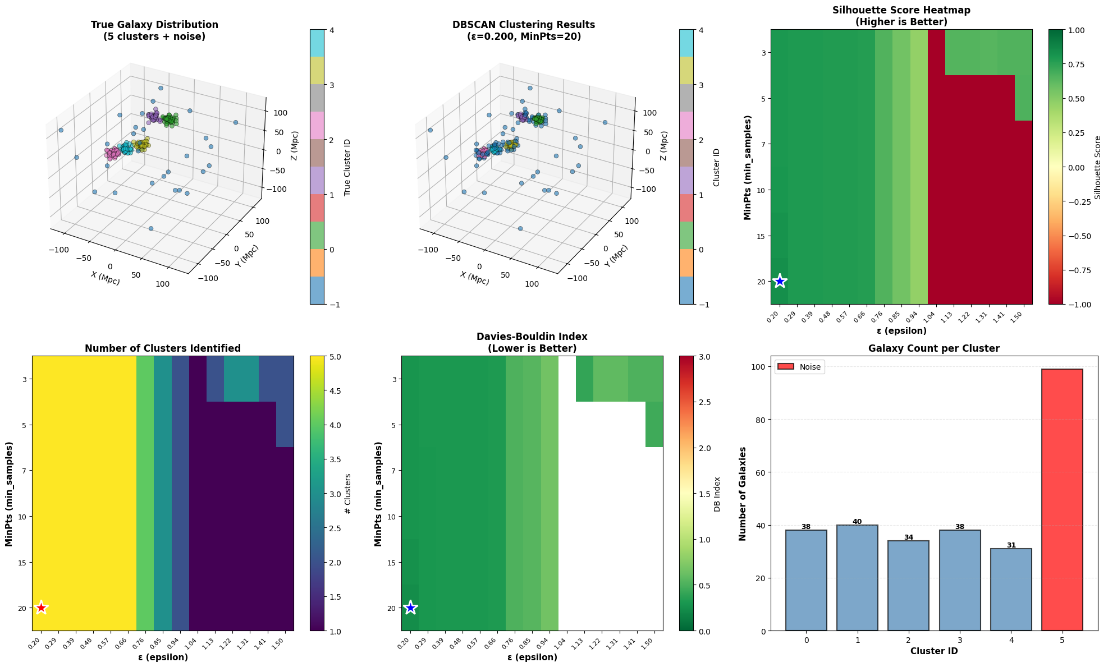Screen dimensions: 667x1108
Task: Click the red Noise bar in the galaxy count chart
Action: (1062, 499)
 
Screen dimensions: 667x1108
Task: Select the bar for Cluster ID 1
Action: (857, 578)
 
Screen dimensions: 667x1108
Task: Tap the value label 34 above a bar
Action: (908, 537)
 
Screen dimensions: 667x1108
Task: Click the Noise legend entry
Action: (800, 367)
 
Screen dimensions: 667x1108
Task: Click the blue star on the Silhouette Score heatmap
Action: (780, 281)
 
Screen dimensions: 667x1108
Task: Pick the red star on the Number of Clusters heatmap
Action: (41, 608)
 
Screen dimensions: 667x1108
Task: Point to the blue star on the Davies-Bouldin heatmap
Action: (410, 608)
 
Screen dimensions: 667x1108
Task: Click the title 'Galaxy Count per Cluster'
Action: (933, 348)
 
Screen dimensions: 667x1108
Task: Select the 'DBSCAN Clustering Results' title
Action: (524, 25)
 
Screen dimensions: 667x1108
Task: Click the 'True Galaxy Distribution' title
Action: (154, 25)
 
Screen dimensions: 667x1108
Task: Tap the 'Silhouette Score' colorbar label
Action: (1098, 167)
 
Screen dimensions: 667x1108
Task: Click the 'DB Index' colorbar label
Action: (717, 494)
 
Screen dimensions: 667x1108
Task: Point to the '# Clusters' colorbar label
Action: (348, 494)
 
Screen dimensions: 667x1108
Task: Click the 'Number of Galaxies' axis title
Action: (743, 494)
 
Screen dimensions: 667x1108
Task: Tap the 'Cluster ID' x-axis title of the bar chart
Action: (933, 651)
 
